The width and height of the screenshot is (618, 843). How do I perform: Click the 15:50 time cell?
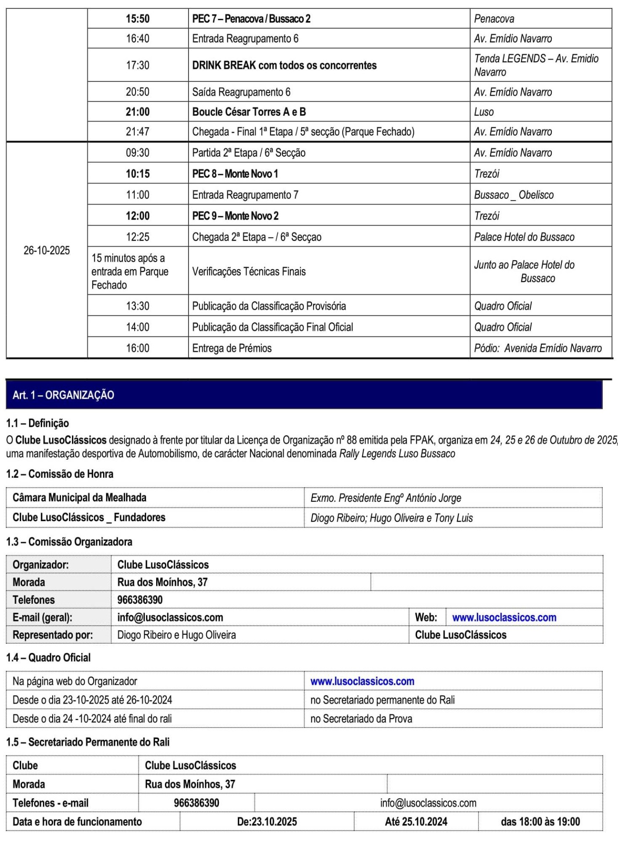tap(138, 19)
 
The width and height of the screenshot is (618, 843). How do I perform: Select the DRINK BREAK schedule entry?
tap(284, 65)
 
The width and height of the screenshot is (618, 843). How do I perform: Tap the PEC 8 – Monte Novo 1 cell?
tap(235, 174)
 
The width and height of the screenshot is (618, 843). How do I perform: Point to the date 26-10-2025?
tap(46, 250)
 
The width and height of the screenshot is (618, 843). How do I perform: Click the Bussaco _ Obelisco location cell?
tap(514, 195)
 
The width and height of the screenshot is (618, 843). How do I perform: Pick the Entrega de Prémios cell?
tap(232, 348)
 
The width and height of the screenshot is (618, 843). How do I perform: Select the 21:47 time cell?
tap(138, 132)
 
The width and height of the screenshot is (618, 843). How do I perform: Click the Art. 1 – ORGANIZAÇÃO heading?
tap(64, 395)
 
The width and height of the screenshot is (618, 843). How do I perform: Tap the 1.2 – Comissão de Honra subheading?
tap(60, 474)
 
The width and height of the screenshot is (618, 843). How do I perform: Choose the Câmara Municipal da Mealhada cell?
tap(79, 498)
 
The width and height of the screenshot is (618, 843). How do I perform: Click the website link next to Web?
tap(504, 617)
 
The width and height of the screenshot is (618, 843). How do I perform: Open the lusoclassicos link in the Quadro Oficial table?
tap(362, 681)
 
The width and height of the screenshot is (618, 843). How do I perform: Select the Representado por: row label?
tap(53, 635)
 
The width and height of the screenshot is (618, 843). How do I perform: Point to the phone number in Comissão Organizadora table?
tap(140, 600)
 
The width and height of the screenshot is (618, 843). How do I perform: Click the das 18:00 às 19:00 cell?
tap(540, 822)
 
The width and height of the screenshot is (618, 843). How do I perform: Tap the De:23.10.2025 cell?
tap(267, 822)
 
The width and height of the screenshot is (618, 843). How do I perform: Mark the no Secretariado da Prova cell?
tap(361, 719)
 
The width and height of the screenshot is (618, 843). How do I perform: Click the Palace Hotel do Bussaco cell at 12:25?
tap(524, 237)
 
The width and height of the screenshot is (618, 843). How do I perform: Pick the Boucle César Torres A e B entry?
tap(249, 112)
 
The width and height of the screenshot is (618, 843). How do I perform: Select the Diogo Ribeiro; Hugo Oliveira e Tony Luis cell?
tap(392, 518)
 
